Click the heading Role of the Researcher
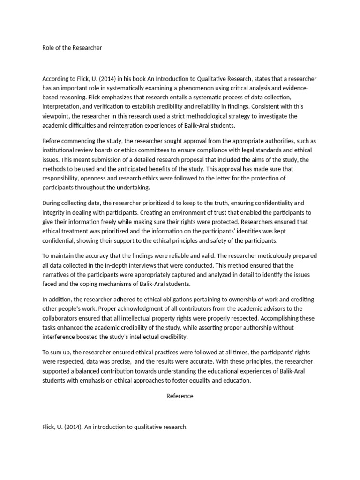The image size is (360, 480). pos(72,47)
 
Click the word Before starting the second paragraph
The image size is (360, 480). pos(52,142)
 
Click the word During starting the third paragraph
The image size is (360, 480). pos(52,203)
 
